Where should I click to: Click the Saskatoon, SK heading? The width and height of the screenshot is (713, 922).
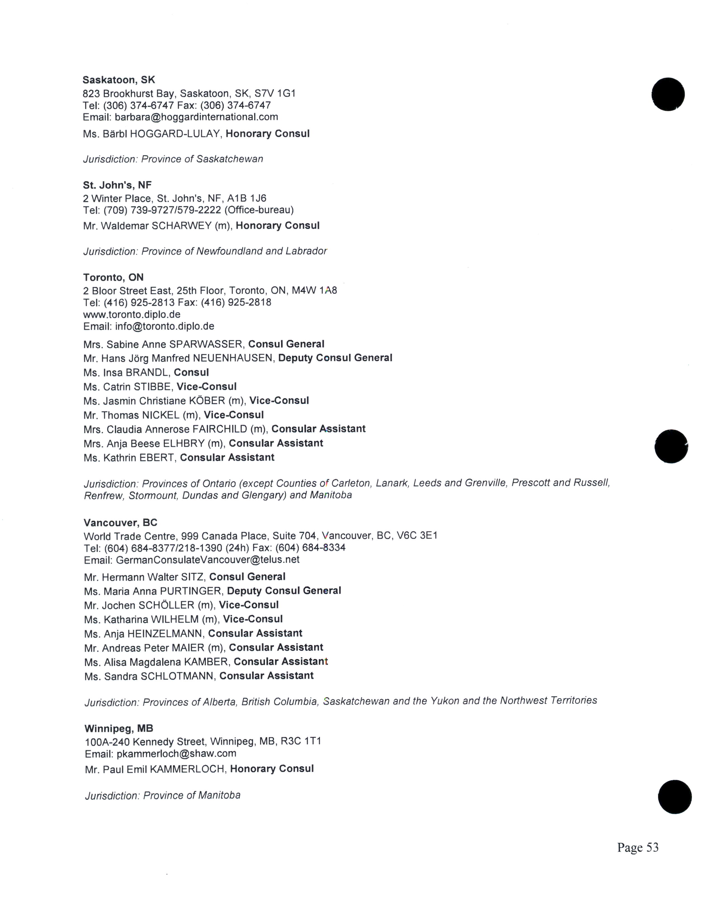tap(119, 80)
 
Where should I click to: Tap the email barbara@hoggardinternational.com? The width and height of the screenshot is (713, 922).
tap(196, 117)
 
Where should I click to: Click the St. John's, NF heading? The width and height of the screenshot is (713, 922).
tap(117, 185)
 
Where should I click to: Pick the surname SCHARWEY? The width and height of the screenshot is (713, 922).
tap(181, 226)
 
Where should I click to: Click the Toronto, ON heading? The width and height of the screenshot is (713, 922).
tap(113, 277)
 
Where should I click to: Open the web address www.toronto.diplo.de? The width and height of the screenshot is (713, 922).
tap(132, 315)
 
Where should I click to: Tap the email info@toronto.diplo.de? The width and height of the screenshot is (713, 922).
tap(164, 326)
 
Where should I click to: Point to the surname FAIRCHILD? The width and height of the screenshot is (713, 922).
tap(220, 429)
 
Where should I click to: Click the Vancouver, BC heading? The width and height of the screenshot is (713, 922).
tap(121, 523)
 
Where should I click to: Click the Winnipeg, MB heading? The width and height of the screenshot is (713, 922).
tap(119, 728)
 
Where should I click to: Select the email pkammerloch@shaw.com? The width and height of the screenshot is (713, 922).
tap(176, 754)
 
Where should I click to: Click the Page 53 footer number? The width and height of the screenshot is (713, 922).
tap(638, 847)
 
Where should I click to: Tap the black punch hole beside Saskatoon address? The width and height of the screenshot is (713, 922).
tap(668, 94)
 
